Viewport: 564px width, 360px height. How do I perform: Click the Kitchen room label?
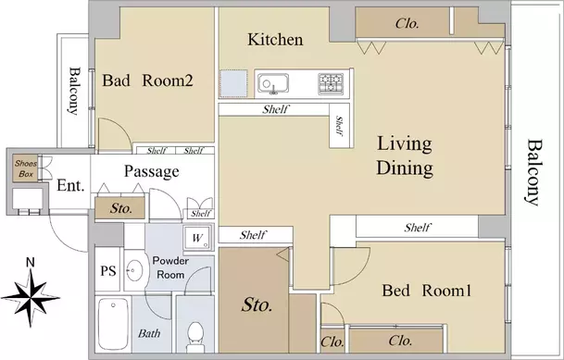275,40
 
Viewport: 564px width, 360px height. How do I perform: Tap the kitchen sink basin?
273,83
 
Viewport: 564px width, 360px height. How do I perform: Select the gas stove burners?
331,83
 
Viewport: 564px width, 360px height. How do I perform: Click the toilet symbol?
195,336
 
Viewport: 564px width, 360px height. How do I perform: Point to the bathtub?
113,323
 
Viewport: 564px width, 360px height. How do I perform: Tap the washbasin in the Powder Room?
133,270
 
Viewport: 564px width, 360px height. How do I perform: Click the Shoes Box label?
26,168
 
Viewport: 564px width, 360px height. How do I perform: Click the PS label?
108,270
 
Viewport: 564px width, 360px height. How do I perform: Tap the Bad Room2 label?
147,81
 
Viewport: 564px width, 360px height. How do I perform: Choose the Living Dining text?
405,155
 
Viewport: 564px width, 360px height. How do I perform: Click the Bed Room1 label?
426,291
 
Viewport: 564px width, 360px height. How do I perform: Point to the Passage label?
152,171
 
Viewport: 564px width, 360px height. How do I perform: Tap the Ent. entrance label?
71,186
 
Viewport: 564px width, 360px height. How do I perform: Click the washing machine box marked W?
197,237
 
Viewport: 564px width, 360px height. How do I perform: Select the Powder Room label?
170,267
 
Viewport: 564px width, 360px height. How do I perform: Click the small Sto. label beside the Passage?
120,208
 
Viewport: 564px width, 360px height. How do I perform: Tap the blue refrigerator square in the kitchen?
233,83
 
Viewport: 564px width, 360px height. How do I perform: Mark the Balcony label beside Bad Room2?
74,91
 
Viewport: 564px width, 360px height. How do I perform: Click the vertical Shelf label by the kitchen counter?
339,126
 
